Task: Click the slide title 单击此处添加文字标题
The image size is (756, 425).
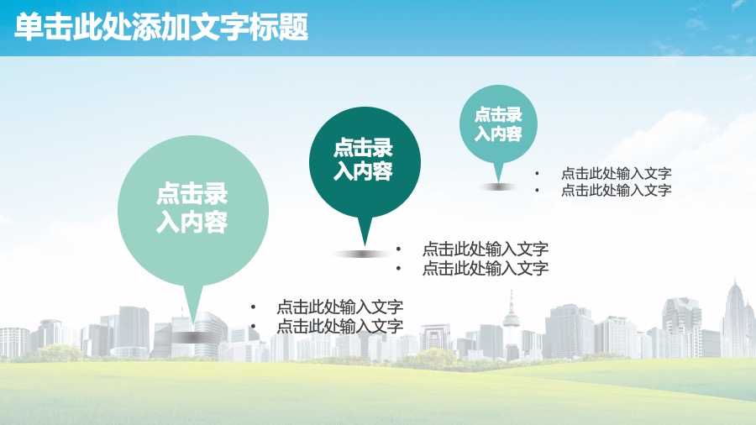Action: (161, 27)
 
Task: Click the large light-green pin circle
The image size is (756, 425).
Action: (193, 211)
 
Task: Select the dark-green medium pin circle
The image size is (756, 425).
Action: (365, 162)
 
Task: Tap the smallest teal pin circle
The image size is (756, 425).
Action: (498, 124)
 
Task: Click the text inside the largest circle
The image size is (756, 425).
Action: (192, 207)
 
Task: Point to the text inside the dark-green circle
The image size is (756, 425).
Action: (363, 160)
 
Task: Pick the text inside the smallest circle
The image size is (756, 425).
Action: (498, 124)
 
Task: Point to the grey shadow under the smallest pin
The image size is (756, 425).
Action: (498, 186)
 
